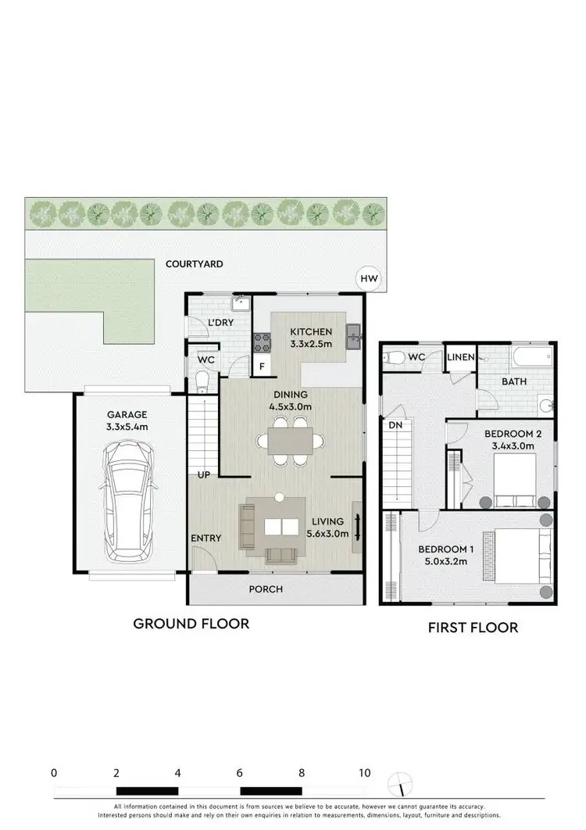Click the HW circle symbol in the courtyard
pos(367,277)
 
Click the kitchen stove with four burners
pos(260,340)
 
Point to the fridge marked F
pos(260,366)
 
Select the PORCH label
pos(265,589)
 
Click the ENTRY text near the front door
pos(206,538)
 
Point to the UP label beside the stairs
pos(204,475)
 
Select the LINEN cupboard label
pos(461,357)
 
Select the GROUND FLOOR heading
pos(191,624)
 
